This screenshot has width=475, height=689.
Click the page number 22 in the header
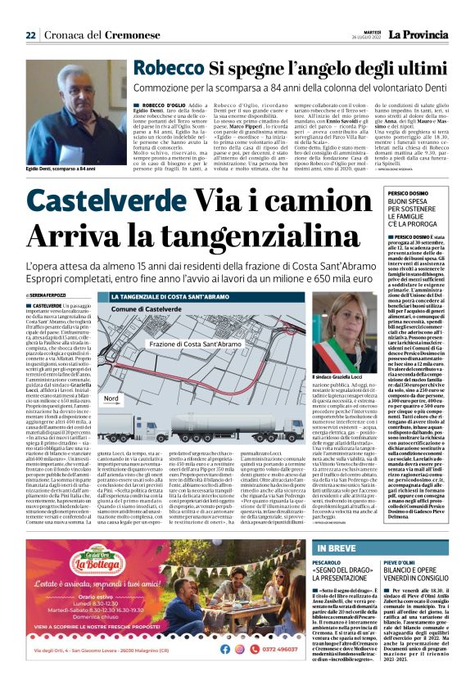pos(30,35)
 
